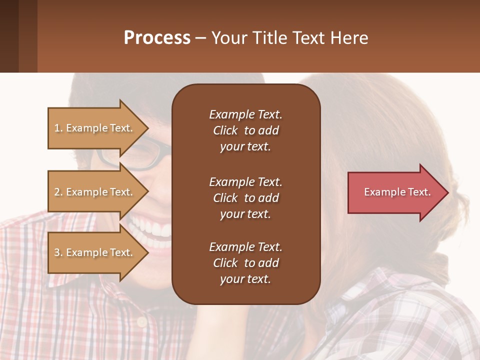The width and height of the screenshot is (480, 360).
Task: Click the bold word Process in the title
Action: (x=157, y=38)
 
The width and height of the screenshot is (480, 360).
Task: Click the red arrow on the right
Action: (x=395, y=192)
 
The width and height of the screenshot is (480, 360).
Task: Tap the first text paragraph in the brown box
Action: (x=245, y=130)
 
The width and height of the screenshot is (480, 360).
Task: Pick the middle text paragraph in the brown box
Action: (x=245, y=197)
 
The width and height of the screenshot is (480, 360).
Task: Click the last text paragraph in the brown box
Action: (x=245, y=263)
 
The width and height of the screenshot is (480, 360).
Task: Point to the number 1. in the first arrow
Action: (x=58, y=128)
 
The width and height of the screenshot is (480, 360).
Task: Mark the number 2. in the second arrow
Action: (x=58, y=192)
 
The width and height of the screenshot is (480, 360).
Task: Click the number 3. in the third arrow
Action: (x=58, y=252)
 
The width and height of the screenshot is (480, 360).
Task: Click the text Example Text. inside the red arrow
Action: (x=397, y=192)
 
